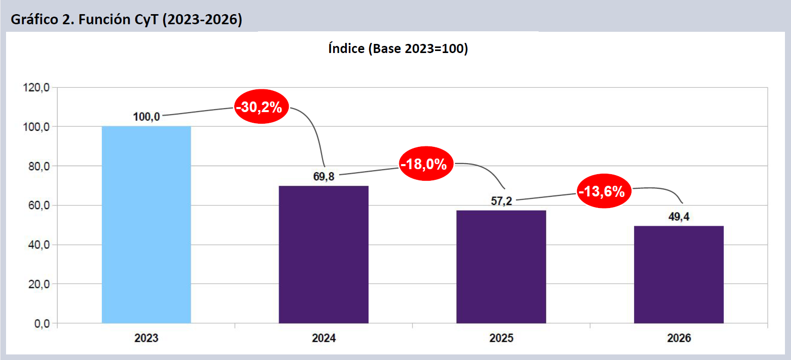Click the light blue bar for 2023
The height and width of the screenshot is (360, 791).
146,225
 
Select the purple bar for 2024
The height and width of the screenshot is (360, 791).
324,254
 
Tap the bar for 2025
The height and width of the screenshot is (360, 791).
501,267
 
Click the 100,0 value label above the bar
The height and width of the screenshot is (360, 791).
146,117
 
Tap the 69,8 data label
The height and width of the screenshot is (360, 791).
324,177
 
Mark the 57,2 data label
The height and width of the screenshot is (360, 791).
501,201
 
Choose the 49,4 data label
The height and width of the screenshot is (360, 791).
678,217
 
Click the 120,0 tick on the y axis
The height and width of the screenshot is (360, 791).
36,87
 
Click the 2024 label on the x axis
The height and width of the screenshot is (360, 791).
324,338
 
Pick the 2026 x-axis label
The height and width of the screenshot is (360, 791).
678,338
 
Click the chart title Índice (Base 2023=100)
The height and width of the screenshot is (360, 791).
398,49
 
